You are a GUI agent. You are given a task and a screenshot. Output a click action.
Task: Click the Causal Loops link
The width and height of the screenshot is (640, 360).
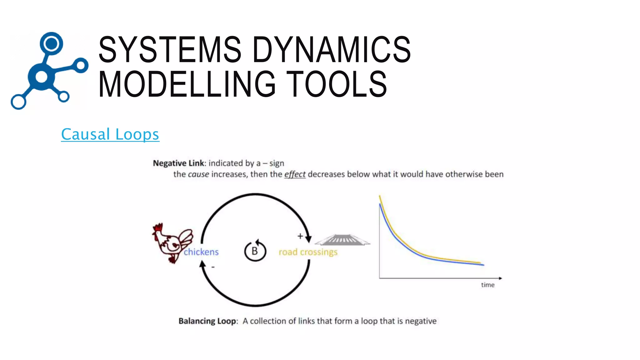point(110,134)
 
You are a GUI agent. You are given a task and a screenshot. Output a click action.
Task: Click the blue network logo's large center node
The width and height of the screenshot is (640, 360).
point(42,77)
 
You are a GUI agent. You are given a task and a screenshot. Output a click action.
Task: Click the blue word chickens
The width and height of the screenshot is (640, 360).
point(201,252)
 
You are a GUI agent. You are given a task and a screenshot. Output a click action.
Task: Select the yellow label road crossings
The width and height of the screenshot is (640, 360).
point(308,252)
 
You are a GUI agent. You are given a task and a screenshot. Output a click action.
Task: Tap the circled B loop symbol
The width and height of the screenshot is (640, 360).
point(255,251)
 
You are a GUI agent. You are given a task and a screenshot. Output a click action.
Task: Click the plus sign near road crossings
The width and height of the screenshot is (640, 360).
point(300,236)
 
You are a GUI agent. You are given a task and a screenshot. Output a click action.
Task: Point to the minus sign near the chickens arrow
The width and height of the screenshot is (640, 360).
point(213,267)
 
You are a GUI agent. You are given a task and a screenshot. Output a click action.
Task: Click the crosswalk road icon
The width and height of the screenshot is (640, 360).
point(342,240)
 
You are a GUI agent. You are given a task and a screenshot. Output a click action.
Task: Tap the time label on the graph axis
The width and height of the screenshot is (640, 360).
point(487,285)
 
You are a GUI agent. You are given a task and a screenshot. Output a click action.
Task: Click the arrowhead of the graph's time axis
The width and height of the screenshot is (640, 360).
point(500,278)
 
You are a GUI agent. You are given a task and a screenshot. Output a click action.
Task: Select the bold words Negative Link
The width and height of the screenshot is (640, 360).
point(178,163)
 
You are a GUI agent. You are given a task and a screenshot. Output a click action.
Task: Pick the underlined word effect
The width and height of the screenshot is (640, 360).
point(294,174)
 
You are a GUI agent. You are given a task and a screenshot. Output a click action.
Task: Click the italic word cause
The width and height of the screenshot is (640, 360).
point(198,174)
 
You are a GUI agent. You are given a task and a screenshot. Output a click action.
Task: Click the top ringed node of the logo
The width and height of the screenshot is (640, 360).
point(52,43)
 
